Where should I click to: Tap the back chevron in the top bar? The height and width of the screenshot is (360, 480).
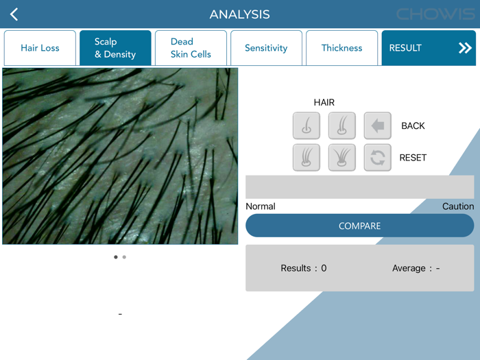click(14, 14)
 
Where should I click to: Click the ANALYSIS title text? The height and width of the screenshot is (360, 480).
click(239, 14)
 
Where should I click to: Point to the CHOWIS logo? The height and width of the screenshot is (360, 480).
click(435, 14)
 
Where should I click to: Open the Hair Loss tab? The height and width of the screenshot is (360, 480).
click(40, 48)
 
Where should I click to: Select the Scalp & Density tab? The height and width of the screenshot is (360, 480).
click(115, 48)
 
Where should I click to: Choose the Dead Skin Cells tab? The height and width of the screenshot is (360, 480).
click(191, 48)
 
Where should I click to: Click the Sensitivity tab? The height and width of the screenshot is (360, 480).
click(266, 48)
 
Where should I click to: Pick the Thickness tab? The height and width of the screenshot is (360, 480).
click(341, 48)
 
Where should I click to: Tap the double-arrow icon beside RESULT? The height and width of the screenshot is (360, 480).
click(465, 48)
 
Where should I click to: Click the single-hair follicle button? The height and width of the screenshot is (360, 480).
click(307, 126)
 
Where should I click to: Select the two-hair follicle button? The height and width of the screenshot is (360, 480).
click(342, 126)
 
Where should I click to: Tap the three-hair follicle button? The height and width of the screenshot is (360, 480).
click(307, 158)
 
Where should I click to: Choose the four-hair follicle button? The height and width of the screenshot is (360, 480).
click(342, 158)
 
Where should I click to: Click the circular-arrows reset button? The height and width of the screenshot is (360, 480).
click(378, 158)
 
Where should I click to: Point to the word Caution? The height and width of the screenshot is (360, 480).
click(458, 206)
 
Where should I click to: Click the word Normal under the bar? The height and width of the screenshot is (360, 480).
click(261, 206)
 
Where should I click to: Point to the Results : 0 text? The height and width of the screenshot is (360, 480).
click(304, 268)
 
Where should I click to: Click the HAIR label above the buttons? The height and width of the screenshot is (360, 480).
click(324, 103)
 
